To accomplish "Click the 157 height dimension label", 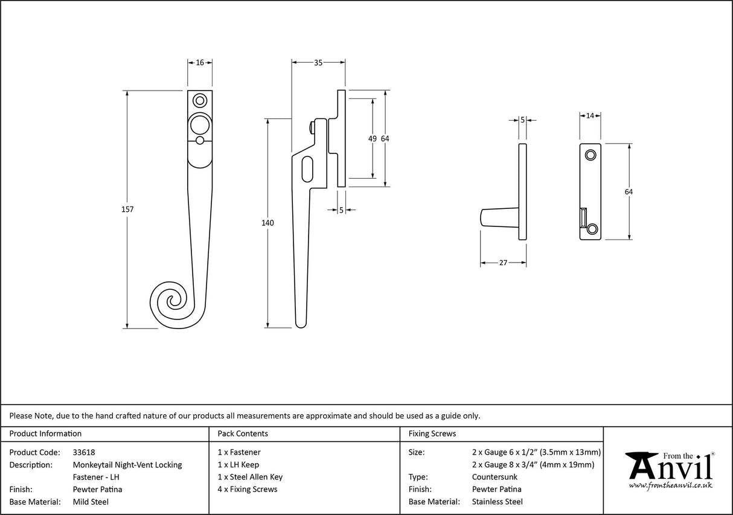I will pos(127,210).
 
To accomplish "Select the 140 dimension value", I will pos(267,223).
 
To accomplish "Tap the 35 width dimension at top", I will pos(318,62).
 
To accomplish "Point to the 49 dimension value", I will pos(372,139).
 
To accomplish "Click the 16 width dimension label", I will pos(200,62).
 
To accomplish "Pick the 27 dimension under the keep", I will pos(503,263).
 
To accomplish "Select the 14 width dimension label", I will pos(590,115).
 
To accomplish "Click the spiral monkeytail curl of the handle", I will pos(170,304).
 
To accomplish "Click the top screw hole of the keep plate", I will pos(591,155).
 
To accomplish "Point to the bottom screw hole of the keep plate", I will pos(592,228).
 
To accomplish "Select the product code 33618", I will pos(84,452).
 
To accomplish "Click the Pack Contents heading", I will pos(243,433).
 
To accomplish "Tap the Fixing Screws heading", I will pos(432,433).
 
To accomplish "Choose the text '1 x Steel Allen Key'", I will pos(250,477).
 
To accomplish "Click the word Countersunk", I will pos(495,477).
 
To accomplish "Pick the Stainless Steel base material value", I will pos(497,502).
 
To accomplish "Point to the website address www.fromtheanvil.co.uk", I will pos(670,485).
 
